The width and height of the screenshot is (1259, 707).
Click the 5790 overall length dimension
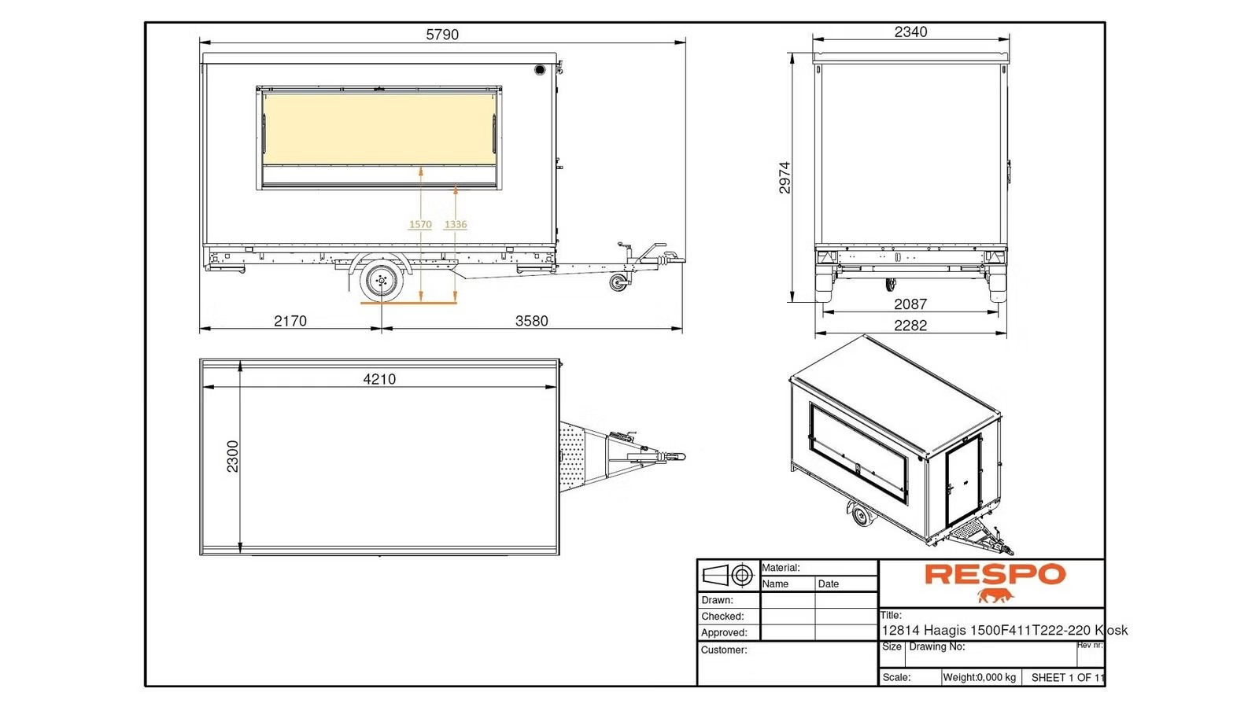click(442, 35)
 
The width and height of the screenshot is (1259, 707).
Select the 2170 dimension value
click(290, 321)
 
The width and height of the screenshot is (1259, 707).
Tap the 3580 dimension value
click(531, 321)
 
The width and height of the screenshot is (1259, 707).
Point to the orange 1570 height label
click(420, 225)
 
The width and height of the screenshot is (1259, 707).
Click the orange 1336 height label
click(456, 225)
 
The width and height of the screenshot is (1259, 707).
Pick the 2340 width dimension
click(910, 32)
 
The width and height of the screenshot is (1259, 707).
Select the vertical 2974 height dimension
click(785, 178)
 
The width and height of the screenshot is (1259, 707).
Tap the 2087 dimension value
click(910, 304)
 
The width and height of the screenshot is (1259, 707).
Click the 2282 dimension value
click(910, 326)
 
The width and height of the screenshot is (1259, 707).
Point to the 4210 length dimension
click(379, 380)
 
